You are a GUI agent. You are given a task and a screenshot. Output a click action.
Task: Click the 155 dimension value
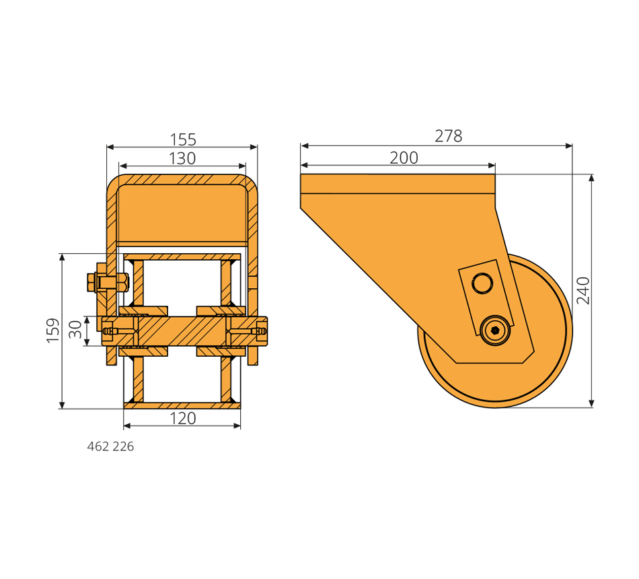[x=183, y=139]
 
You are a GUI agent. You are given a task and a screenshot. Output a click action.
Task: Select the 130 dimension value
[x=182, y=158]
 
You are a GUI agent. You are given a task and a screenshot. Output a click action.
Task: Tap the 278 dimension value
[x=448, y=136]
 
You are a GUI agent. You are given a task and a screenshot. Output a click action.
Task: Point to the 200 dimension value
[x=404, y=158]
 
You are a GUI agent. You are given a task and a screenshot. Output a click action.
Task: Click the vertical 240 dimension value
[x=583, y=291]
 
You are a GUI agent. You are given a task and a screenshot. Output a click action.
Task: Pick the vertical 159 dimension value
[x=53, y=331]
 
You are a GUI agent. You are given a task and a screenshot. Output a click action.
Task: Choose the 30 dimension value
[x=75, y=330]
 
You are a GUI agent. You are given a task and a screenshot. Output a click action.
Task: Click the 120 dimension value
[x=182, y=419]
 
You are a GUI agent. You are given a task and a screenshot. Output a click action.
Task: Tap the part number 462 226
[x=110, y=446]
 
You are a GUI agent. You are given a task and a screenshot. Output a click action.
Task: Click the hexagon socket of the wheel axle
[x=495, y=330]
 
